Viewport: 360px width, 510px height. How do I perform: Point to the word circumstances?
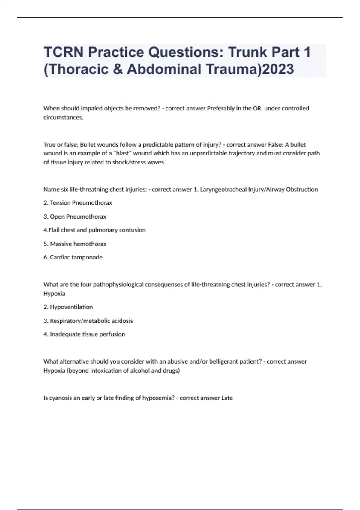(x=63, y=117)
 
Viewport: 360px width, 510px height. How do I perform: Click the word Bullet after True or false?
(x=88, y=145)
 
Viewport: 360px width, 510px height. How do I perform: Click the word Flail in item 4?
(x=54, y=230)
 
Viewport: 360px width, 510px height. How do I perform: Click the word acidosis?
(x=122, y=321)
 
